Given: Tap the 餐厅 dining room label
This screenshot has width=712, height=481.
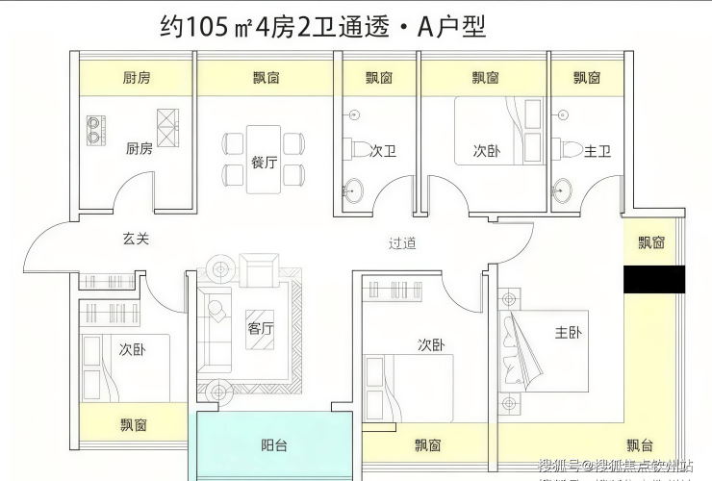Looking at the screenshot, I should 265,163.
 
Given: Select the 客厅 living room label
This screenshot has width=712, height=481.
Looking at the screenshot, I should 261,327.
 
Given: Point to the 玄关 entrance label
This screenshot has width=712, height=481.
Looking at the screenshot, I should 136,239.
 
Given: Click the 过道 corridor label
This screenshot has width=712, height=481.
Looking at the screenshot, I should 402,243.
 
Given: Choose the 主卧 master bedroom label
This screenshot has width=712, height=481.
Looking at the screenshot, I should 568,333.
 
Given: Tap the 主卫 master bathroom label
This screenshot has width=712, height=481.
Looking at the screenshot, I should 598,151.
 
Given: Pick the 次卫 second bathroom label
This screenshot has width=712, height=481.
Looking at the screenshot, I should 384,151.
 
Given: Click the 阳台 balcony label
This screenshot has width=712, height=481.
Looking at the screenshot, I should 274,445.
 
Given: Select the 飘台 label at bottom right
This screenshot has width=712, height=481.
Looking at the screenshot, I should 640,444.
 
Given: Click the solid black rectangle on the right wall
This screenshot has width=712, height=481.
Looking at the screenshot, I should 653,279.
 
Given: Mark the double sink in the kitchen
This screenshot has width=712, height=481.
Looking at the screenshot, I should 96,130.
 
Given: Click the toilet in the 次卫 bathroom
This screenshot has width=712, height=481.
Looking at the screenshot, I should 358,150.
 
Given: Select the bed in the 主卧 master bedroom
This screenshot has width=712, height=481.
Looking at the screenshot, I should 524,351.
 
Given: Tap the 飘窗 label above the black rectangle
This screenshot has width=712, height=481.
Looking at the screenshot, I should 651,242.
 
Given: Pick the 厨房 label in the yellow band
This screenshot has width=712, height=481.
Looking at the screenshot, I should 138,78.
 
